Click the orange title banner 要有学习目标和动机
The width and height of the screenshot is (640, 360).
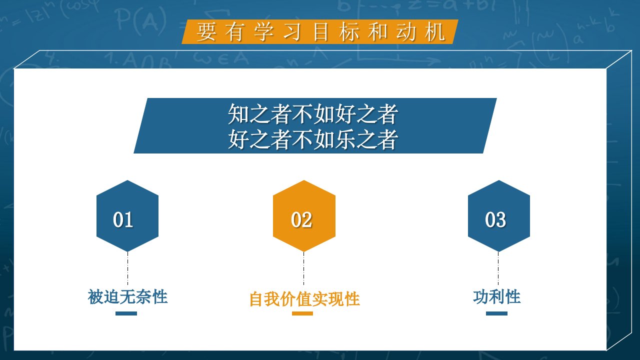(x=320, y=31)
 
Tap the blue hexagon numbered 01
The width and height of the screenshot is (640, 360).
(x=127, y=216)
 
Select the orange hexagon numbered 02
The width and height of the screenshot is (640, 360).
(x=304, y=216)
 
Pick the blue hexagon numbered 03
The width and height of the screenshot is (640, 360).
(x=499, y=216)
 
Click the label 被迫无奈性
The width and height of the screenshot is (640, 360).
(x=127, y=297)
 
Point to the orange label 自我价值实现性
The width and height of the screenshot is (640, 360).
(x=304, y=299)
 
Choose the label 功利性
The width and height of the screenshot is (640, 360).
(x=497, y=297)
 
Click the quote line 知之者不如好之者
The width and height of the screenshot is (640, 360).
(x=313, y=114)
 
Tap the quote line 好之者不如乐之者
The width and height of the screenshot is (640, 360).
(x=313, y=139)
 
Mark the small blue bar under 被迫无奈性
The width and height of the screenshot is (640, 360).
(x=126, y=313)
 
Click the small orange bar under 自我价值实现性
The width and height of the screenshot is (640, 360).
(x=302, y=313)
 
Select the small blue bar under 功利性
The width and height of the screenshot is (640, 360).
(x=496, y=313)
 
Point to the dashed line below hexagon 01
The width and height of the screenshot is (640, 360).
(x=127, y=268)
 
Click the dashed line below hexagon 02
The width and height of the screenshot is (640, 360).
(x=303, y=268)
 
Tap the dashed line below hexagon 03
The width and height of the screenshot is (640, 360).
(x=498, y=268)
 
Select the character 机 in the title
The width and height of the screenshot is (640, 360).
(x=435, y=32)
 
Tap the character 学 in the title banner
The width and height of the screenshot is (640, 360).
(x=263, y=32)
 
